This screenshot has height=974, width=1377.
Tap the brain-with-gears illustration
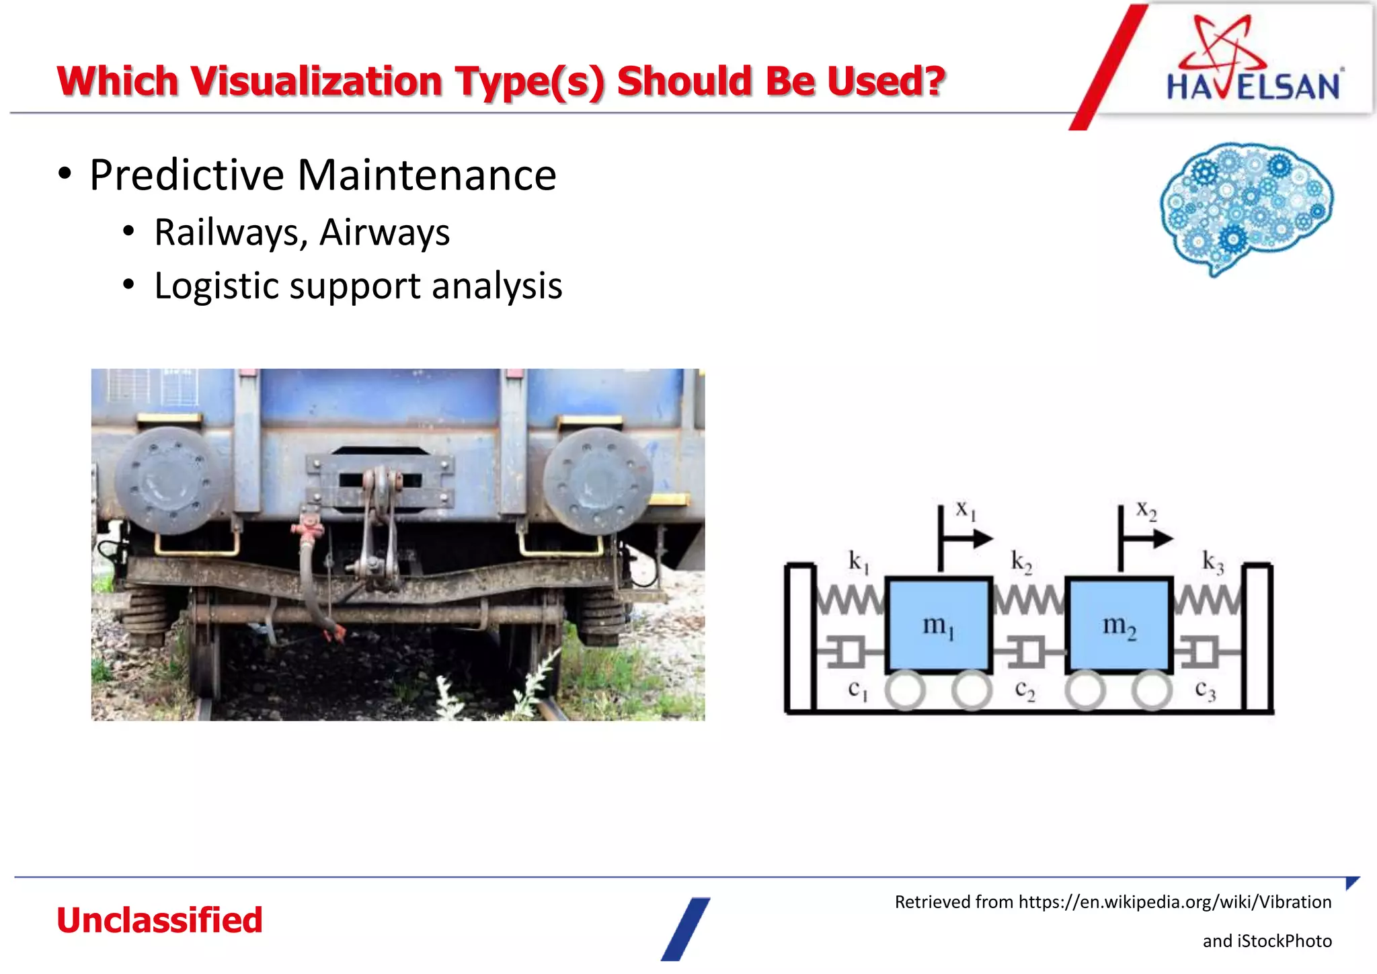(x=1247, y=207)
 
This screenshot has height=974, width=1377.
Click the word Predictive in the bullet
(x=187, y=175)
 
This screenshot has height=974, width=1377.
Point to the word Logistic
(x=216, y=286)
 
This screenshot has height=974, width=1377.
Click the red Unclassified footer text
(x=159, y=920)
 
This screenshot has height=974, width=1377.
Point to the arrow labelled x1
(x=968, y=538)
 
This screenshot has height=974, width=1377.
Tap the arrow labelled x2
(x=1148, y=538)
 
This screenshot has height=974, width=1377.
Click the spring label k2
(x=1021, y=561)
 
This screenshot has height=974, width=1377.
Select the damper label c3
(x=1205, y=690)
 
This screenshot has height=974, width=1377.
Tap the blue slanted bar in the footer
(x=686, y=929)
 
